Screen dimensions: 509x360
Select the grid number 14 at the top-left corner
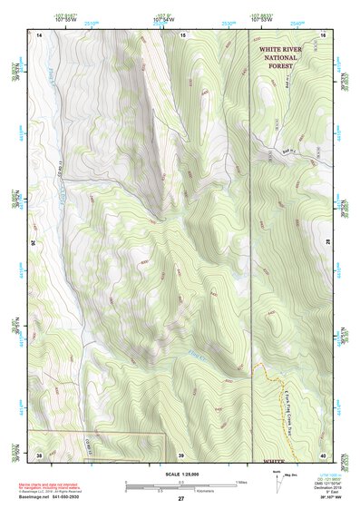pos(40,34)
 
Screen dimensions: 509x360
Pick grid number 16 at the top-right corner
pos(322,34)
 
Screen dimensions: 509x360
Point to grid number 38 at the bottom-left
pos(40,454)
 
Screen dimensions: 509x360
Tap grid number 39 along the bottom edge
pos(180,454)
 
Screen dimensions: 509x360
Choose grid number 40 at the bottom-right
pos(322,454)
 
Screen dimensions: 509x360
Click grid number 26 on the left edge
pos(35,243)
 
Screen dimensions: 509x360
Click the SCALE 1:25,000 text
pos(180,475)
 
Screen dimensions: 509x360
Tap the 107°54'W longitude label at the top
pos(164,18)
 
